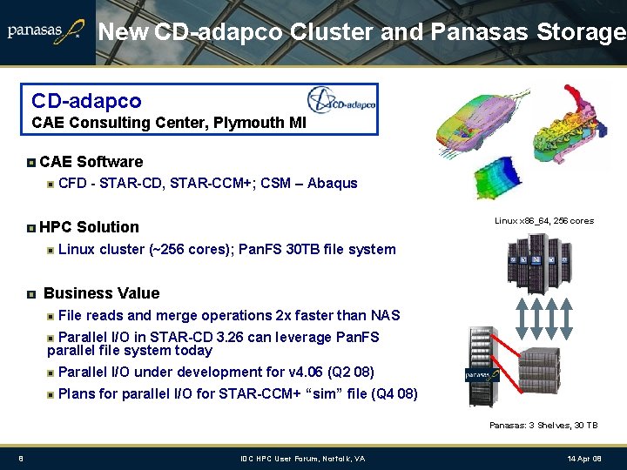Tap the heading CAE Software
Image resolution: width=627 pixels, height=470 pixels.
pyautogui.click(x=91, y=162)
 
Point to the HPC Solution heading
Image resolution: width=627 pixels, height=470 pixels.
pyautogui.click(x=90, y=227)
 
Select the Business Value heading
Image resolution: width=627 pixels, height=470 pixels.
pyautogui.click(x=101, y=293)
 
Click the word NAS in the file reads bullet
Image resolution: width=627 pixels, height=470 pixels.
pyautogui.click(x=385, y=316)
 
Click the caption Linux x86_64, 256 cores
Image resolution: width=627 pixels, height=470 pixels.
pyautogui.click(x=544, y=221)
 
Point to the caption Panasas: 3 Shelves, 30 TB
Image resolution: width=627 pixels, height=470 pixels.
pyautogui.click(x=543, y=425)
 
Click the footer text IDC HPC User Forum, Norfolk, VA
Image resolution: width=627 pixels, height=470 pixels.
pyautogui.click(x=303, y=459)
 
